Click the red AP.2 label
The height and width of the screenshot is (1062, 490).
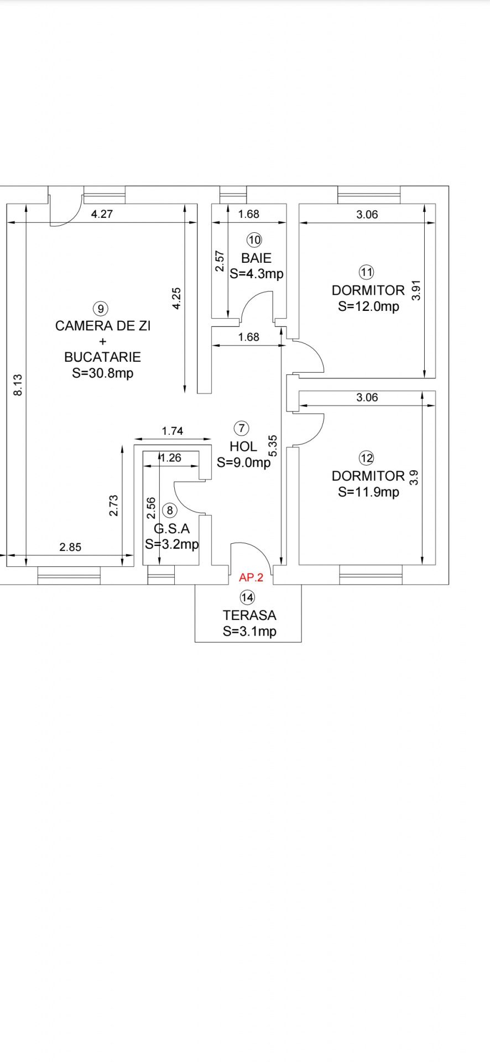click(x=251, y=578)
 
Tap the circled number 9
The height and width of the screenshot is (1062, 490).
click(x=100, y=309)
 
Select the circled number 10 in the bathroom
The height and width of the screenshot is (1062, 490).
click(x=254, y=240)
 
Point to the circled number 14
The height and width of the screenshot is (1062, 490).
click(x=247, y=597)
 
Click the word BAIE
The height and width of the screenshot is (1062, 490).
click(x=256, y=258)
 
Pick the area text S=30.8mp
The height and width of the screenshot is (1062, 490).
click(x=103, y=373)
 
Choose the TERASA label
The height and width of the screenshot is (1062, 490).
click(x=249, y=615)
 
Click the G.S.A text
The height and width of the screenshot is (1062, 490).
click(x=171, y=529)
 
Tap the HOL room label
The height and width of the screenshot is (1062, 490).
click(x=243, y=446)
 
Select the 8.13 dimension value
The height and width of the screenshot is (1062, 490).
click(x=18, y=385)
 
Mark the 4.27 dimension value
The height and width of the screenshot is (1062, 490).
click(x=102, y=214)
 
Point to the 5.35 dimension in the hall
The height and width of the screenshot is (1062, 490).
click(x=273, y=446)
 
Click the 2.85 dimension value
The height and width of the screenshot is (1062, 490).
click(x=70, y=547)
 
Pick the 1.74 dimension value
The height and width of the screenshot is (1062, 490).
click(x=173, y=431)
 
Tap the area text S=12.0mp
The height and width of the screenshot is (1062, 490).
click(x=369, y=306)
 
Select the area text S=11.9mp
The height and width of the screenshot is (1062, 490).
click(x=369, y=492)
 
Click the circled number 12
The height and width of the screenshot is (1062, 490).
click(x=367, y=458)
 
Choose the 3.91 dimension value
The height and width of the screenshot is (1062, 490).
click(x=417, y=290)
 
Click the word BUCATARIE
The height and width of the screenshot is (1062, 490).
click(x=103, y=357)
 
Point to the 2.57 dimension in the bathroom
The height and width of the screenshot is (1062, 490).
click(x=220, y=261)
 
